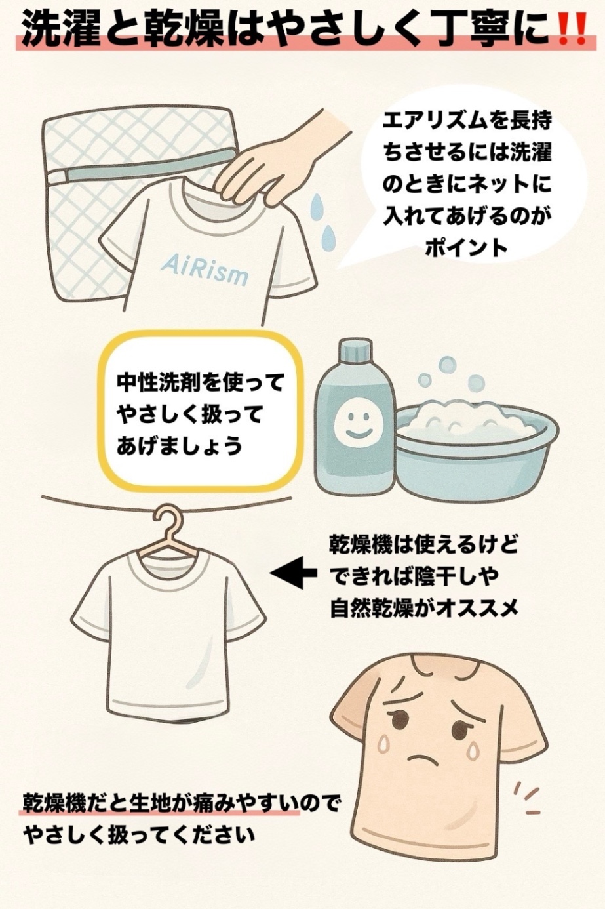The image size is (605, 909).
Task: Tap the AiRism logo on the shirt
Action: [x=204, y=270]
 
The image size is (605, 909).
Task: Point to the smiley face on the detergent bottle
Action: [x=352, y=424]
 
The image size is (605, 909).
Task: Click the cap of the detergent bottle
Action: [x=355, y=353]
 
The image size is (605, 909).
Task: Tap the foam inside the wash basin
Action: [x=469, y=416]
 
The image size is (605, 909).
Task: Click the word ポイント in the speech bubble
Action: [x=466, y=247]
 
